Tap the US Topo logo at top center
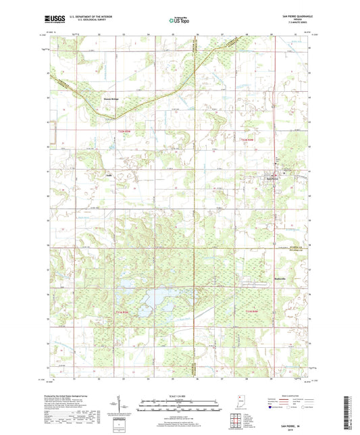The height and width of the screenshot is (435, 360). coord(179,21)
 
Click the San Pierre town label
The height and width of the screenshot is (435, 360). coord(274,178)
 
